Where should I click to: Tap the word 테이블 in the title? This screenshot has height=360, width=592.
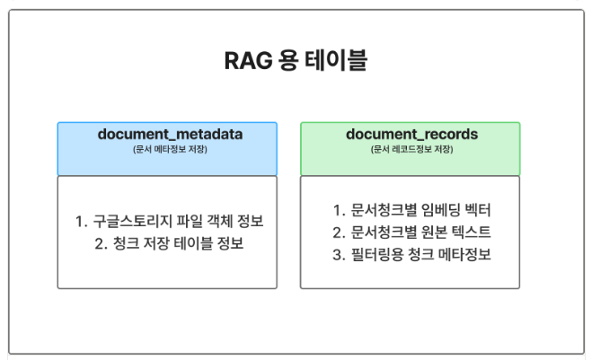click(x=340, y=62)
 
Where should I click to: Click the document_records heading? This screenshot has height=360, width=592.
click(x=411, y=135)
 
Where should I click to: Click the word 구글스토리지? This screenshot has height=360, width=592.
click(x=134, y=221)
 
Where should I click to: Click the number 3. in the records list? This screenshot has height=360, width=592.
click(x=339, y=254)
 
